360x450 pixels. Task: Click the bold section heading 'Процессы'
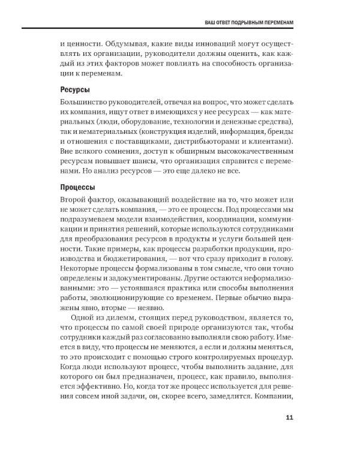coord(79,187)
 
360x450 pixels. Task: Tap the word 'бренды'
coord(280,132)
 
